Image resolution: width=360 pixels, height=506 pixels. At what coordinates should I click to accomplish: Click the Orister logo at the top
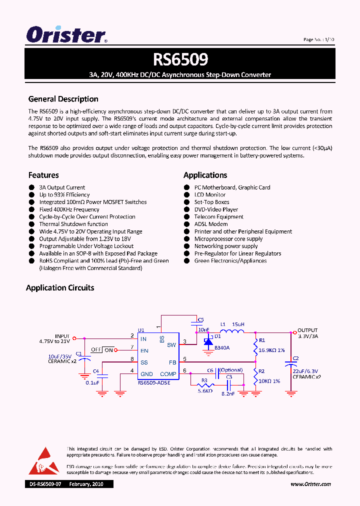tap(66, 35)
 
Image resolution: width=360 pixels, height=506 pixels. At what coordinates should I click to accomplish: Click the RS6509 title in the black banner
tap(180, 60)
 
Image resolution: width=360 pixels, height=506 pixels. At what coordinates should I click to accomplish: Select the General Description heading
tap(63, 99)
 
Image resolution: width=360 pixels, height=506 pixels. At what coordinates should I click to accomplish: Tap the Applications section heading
tap(205, 175)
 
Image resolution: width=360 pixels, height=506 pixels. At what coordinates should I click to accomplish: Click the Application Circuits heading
tap(60, 287)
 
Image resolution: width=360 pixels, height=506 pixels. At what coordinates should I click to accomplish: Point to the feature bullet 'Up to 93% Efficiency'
tap(64, 195)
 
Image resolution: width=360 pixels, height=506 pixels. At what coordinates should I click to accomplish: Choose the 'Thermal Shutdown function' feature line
tap(73, 224)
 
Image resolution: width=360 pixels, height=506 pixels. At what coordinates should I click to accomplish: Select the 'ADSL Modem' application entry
tap(210, 224)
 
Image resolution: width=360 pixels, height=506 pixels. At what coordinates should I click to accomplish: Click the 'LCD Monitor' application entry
tap(209, 195)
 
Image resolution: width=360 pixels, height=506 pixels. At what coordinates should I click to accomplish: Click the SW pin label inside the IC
tap(171, 345)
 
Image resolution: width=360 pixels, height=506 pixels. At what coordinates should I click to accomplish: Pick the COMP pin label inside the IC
tap(168, 374)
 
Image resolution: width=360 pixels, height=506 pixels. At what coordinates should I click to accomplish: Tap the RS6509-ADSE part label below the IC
tap(154, 383)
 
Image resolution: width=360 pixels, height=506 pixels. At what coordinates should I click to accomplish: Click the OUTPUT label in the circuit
tap(308, 330)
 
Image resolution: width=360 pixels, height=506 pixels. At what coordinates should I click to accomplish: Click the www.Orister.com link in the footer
tap(310, 484)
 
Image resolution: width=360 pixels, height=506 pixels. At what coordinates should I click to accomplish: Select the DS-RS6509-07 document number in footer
tap(45, 484)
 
